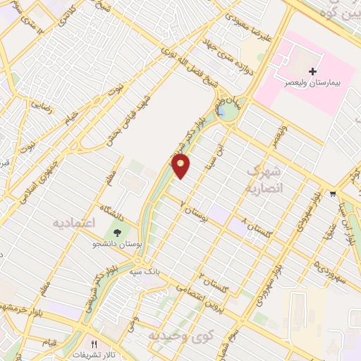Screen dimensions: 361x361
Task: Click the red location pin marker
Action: tap(181, 166)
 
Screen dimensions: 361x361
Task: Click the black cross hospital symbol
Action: tap(312, 71)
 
